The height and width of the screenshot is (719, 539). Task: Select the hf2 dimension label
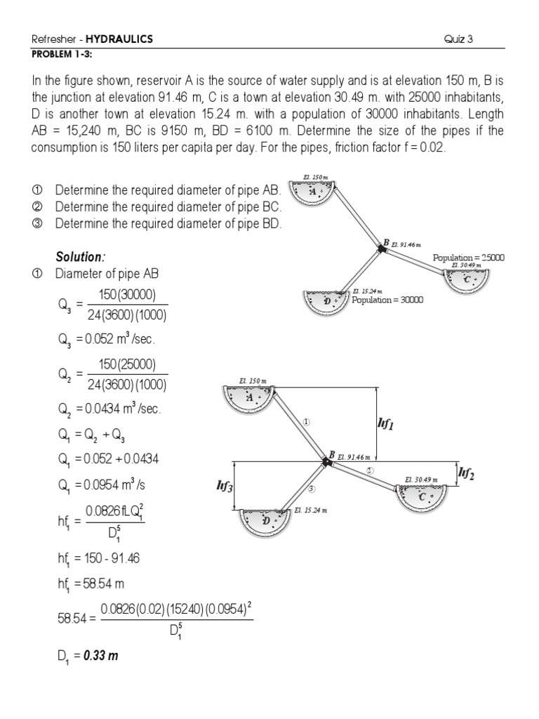(x=467, y=475)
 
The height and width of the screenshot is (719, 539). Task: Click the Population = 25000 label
(x=468, y=258)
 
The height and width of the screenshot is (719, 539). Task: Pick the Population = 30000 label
(x=387, y=299)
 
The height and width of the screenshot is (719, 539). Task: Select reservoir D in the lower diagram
(x=265, y=522)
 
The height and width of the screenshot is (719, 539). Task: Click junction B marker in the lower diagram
(x=325, y=457)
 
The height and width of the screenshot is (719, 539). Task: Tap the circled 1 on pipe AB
(x=306, y=422)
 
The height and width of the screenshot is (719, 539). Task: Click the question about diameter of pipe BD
(x=168, y=224)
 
